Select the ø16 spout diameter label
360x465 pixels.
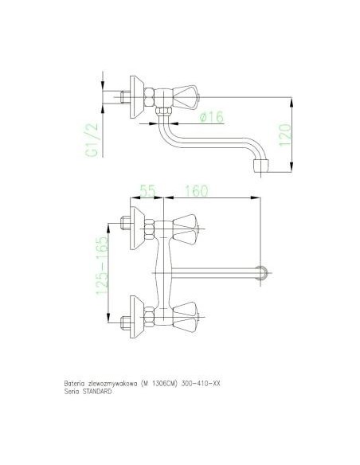pyautogui.click(x=211, y=118)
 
